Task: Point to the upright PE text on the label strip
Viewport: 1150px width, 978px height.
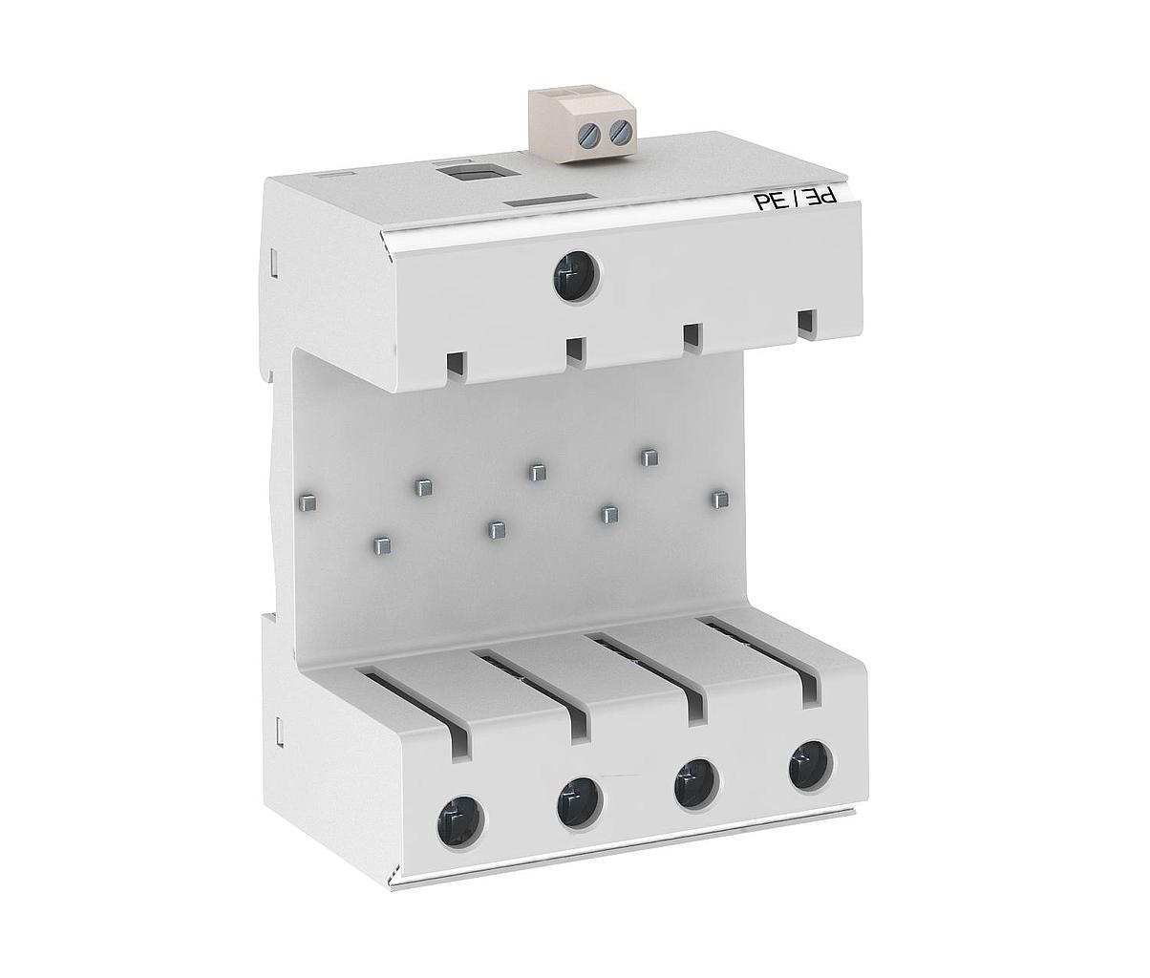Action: (x=768, y=202)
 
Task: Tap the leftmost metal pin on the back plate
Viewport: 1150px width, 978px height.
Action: (x=307, y=502)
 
